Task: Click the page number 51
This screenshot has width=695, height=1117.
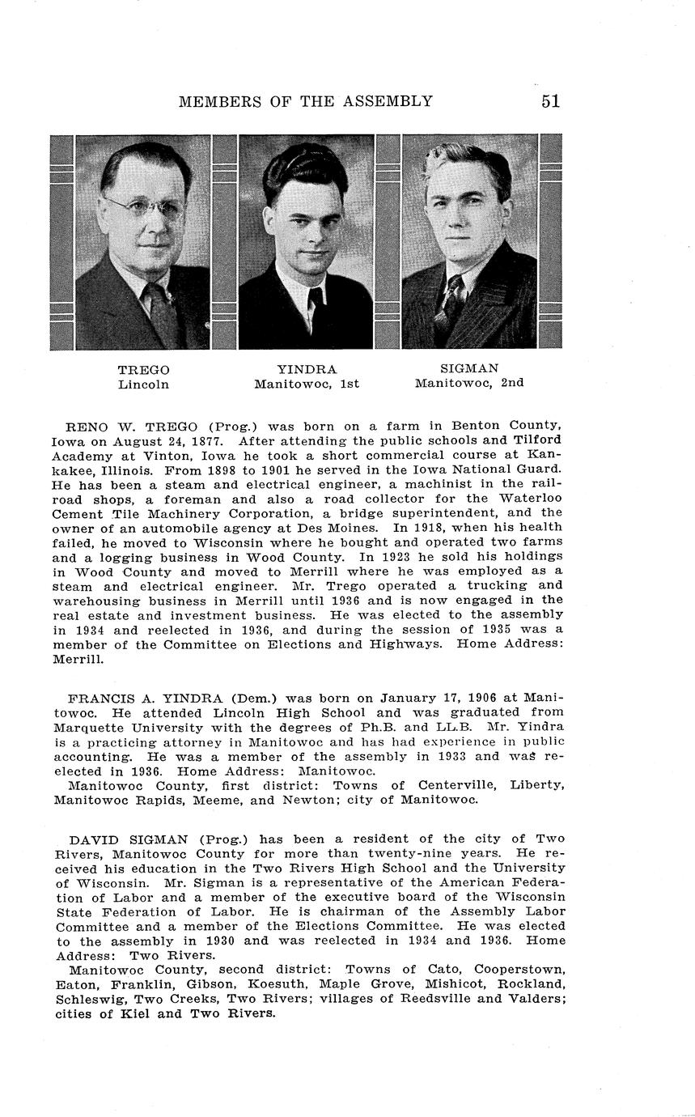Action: [550, 101]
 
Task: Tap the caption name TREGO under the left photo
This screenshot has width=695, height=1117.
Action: [143, 370]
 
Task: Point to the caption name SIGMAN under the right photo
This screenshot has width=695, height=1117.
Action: [469, 368]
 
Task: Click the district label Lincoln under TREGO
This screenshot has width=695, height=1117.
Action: [143, 384]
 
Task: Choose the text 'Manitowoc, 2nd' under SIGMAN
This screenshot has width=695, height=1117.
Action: [469, 383]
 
